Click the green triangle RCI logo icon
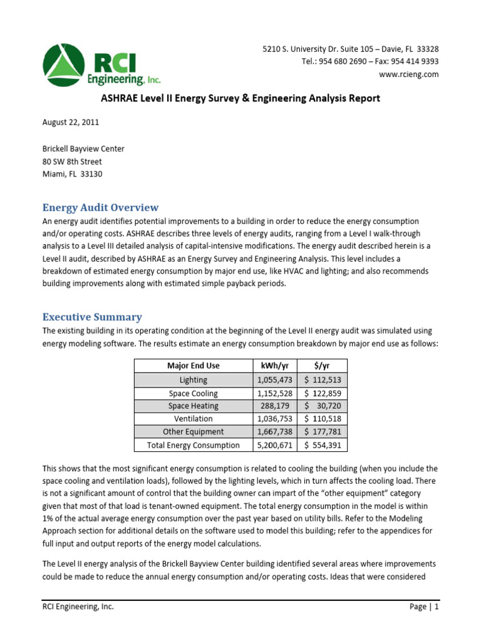pyautogui.click(x=67, y=66)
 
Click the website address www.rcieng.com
pyautogui.click(x=409, y=74)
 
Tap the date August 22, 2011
pyautogui.click(x=70, y=122)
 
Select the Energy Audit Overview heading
pyautogui.click(x=100, y=207)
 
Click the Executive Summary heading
pyautogui.click(x=92, y=317)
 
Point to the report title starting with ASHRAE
pyautogui.click(x=240, y=98)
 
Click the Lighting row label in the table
pyautogui.click(x=194, y=379)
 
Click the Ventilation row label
pyautogui.click(x=194, y=419)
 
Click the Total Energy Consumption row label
pyautogui.click(x=194, y=445)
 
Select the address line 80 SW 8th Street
pyautogui.click(x=72, y=162)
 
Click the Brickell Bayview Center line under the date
pyautogui.click(x=83, y=148)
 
